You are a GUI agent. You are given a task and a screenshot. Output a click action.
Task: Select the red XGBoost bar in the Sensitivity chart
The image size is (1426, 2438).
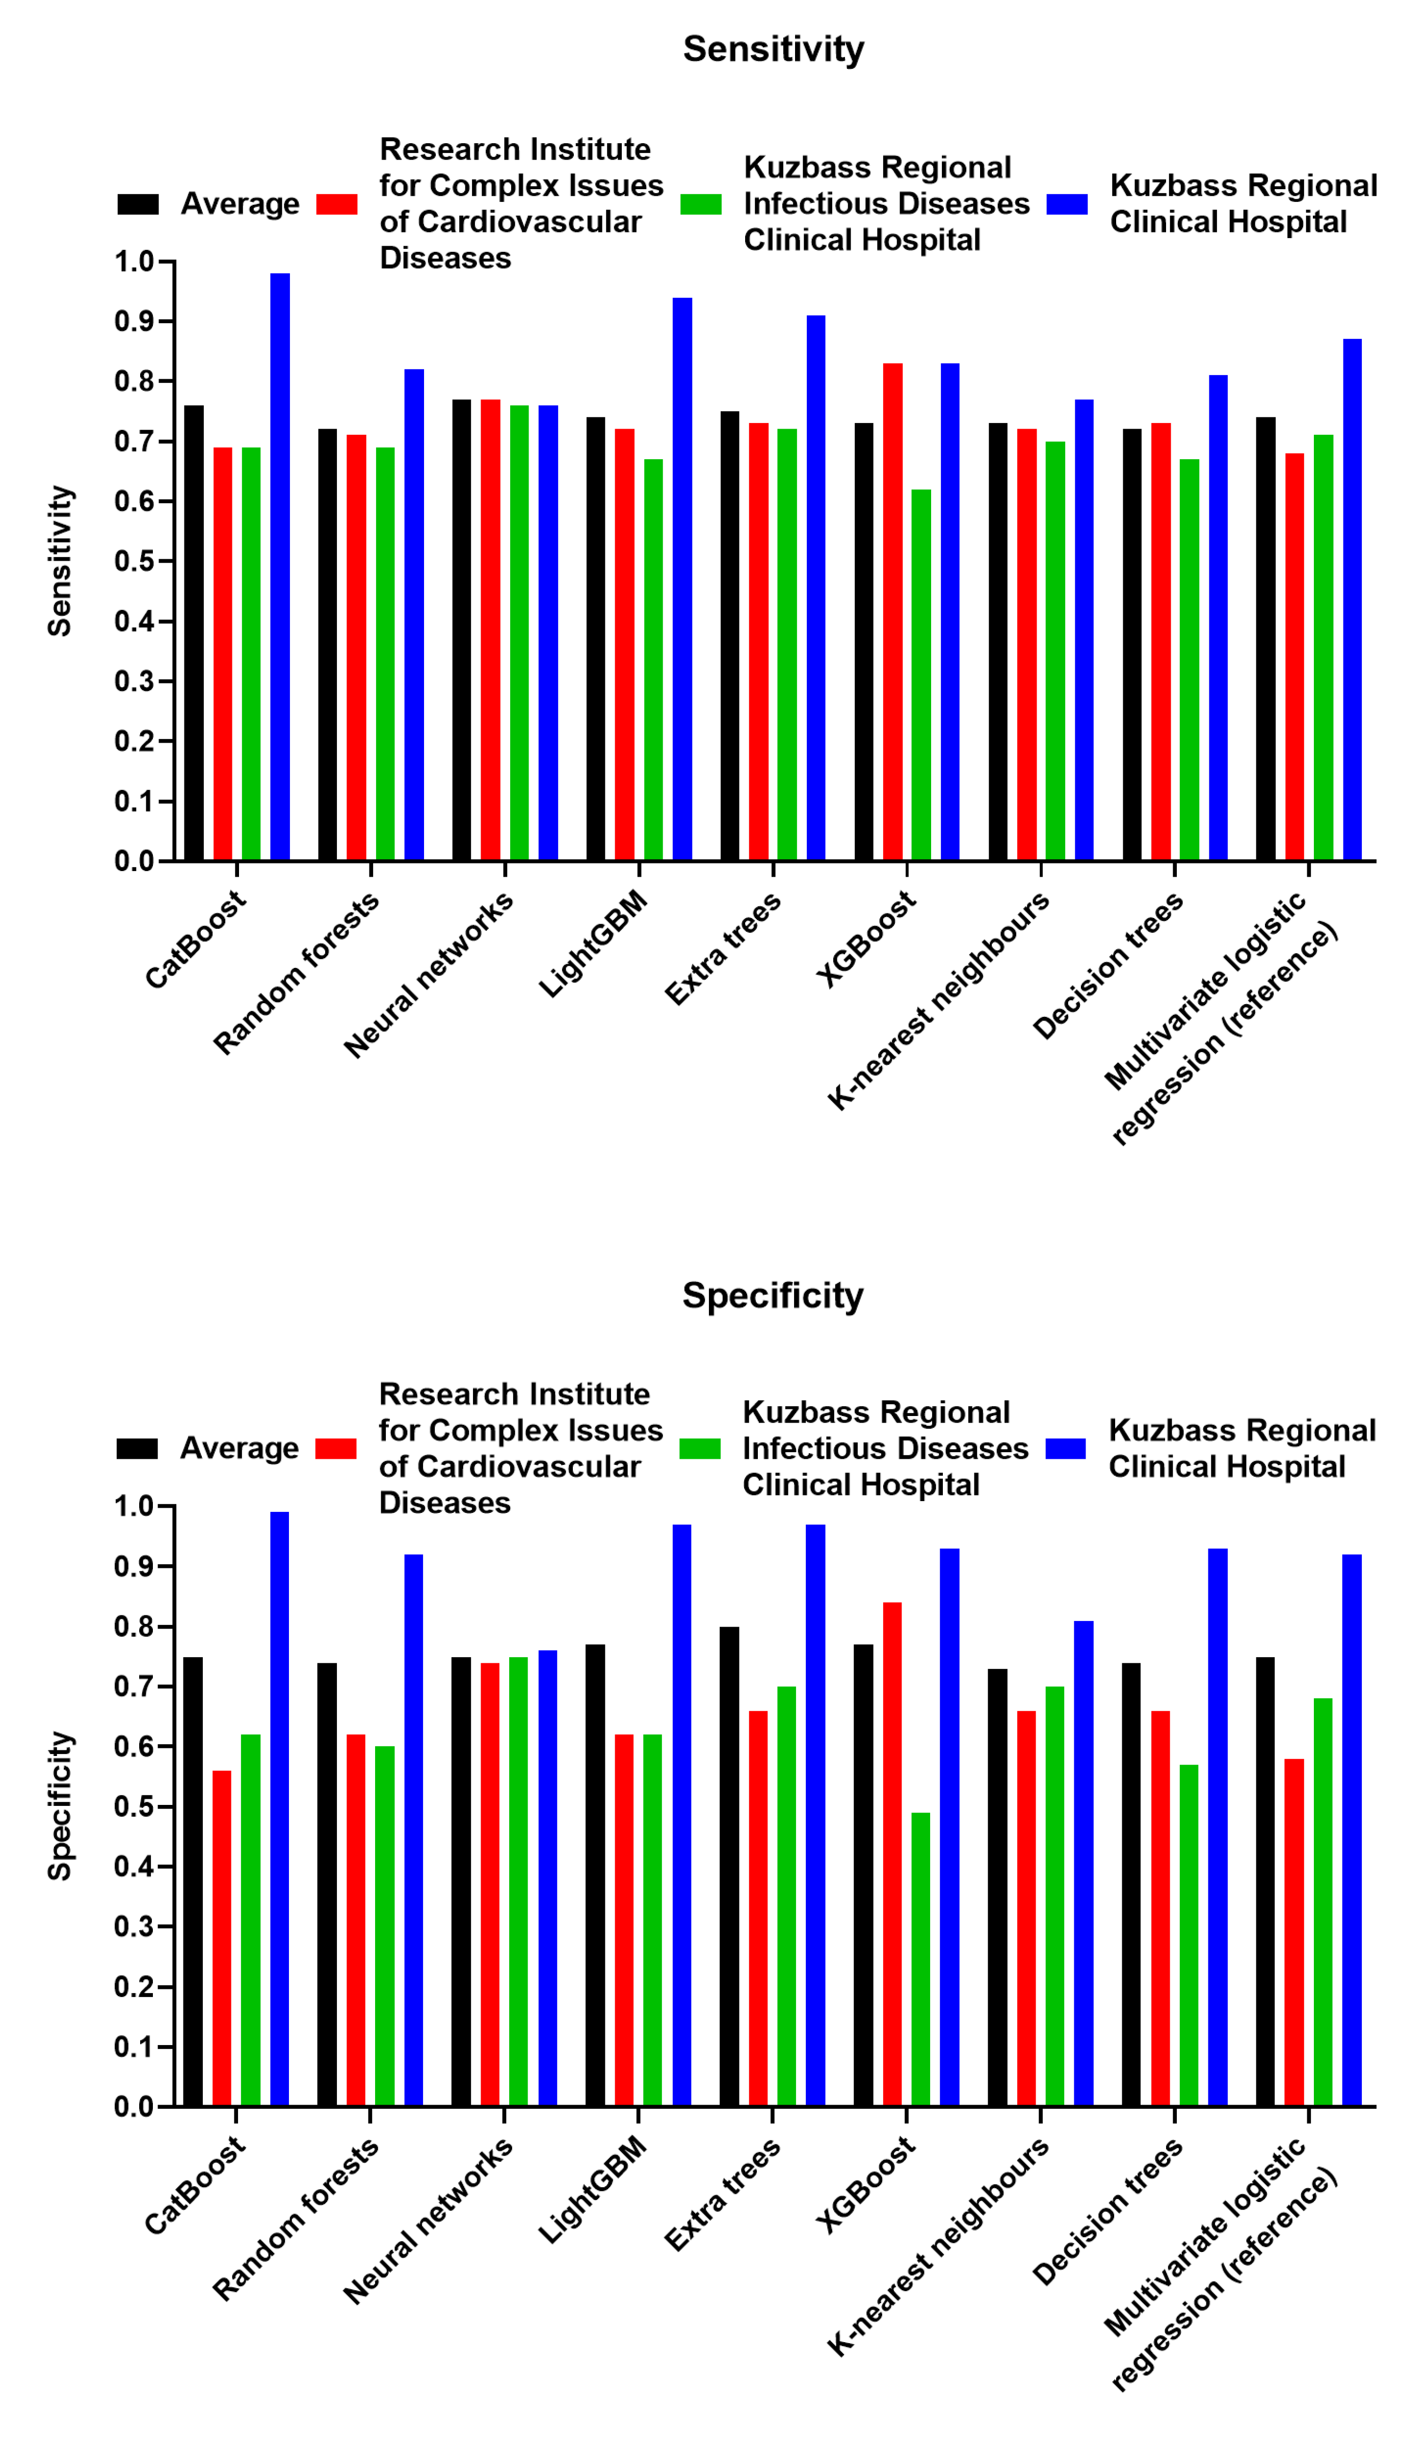pos(892,612)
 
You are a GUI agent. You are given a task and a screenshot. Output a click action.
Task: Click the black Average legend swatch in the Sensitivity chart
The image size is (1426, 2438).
pos(138,204)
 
